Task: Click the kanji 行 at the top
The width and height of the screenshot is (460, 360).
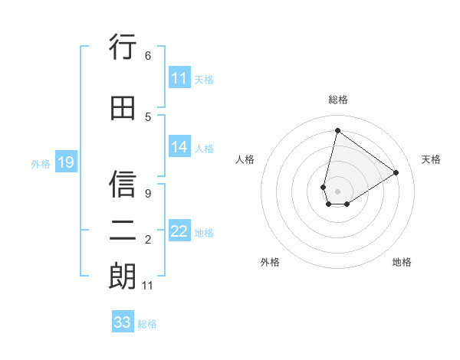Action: coord(123,47)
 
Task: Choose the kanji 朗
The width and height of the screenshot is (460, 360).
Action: coord(123,277)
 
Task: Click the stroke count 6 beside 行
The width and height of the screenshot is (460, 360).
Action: coord(147,56)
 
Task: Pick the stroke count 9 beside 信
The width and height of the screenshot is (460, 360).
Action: coord(147,194)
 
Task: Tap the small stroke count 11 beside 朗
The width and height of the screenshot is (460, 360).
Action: coord(148,286)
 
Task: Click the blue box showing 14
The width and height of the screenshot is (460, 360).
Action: coord(179,147)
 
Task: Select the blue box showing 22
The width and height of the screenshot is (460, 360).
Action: coord(179,231)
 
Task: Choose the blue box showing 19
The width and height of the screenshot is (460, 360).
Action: coord(66,162)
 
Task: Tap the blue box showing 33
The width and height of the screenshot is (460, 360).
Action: coord(123,322)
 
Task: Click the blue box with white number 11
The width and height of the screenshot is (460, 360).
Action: coord(179,78)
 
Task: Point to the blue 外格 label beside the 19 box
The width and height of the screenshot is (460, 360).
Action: coord(40,163)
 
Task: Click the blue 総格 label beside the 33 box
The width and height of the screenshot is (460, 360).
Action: coord(147,324)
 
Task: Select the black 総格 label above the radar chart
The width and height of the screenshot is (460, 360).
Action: coord(337,100)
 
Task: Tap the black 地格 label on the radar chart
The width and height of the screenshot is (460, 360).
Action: coord(402,262)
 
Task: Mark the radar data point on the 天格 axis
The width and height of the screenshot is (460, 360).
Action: coord(396,172)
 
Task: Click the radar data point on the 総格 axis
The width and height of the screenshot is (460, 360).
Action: coord(337,130)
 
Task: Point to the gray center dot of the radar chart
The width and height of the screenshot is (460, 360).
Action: coord(337,191)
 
